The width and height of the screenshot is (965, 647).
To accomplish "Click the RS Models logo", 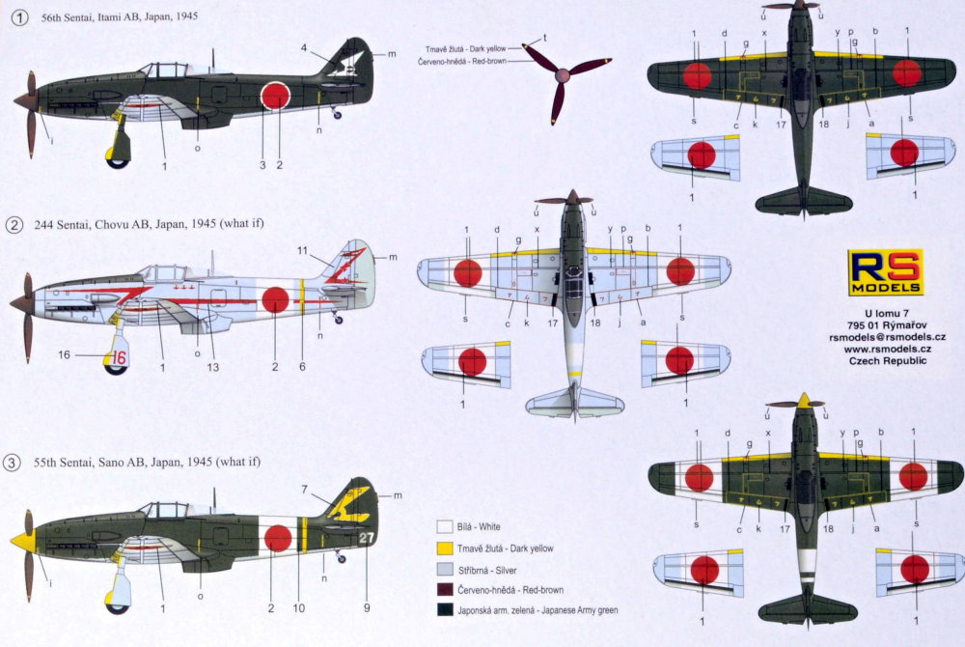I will tap(886, 272).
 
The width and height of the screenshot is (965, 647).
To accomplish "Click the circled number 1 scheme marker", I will tap(13, 16).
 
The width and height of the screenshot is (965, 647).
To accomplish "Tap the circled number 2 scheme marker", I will tap(13, 225).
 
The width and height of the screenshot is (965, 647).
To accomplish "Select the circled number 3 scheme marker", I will tap(13, 464).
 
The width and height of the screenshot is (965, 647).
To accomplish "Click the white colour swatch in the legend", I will tap(444, 528).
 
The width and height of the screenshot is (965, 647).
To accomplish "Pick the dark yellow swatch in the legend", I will tap(444, 549).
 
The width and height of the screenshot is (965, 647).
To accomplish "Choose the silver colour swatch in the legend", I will tap(444, 569).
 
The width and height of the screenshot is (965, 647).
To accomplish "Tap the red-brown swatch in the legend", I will tap(444, 589).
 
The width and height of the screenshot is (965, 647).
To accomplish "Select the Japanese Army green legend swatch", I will tap(444, 609).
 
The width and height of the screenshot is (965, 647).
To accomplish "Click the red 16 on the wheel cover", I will tap(119, 357).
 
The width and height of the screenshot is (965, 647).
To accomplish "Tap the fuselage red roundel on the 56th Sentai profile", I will tap(275, 97).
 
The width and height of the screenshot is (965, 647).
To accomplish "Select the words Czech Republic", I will tap(886, 360).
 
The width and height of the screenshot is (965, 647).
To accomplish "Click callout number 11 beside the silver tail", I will tap(302, 250).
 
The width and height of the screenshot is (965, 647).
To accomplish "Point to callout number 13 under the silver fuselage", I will tap(212, 367).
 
